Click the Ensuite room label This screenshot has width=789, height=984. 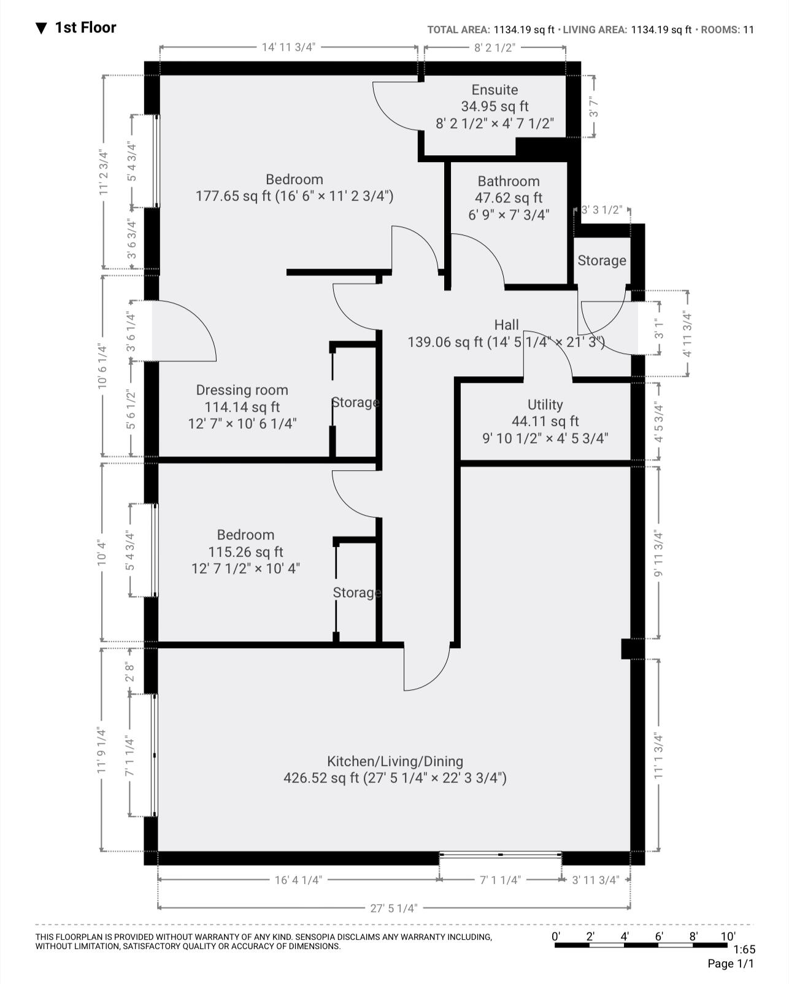click(x=495, y=90)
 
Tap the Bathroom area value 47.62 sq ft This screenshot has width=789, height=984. click(x=508, y=198)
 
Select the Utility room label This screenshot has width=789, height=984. click(x=545, y=405)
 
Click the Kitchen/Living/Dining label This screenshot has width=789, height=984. click(x=394, y=761)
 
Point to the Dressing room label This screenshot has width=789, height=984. click(x=242, y=390)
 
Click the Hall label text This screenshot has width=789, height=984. click(x=506, y=325)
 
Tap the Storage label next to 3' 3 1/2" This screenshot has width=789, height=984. click(x=601, y=260)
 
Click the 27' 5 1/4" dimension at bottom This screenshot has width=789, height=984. click(x=393, y=908)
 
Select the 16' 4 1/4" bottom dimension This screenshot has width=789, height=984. click(x=298, y=880)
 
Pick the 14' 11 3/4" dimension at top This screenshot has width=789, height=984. click(x=288, y=47)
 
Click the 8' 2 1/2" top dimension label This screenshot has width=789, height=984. click(x=494, y=47)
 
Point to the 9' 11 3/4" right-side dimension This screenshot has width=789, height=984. click(x=659, y=552)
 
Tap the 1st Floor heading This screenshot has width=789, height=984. click(x=85, y=28)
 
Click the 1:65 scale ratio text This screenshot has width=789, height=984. click(x=744, y=949)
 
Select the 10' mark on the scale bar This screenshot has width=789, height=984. click(x=728, y=936)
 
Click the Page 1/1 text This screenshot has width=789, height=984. click(x=731, y=964)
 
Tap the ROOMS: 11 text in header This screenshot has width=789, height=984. click(x=727, y=29)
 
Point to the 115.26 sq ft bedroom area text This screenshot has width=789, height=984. click(x=245, y=552)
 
